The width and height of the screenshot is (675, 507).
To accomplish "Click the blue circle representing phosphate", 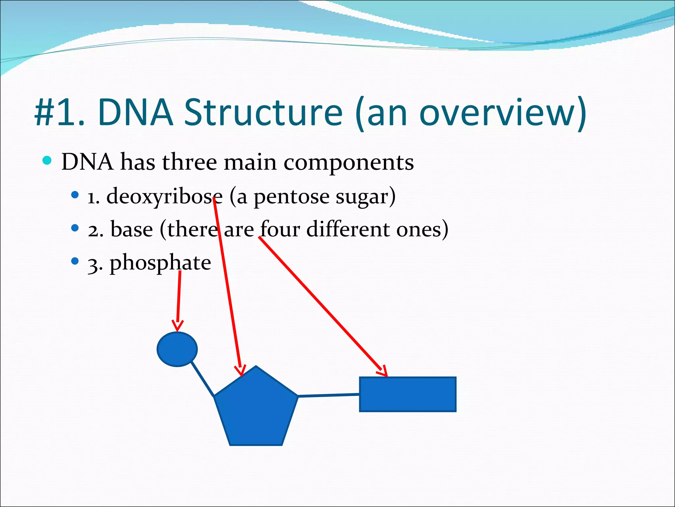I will click(x=177, y=349).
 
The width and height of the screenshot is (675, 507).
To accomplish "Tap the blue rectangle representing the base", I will click(x=408, y=394).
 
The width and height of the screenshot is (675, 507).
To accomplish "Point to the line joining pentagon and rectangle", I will click(x=329, y=395).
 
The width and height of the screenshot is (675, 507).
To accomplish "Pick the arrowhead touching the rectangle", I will click(x=383, y=371).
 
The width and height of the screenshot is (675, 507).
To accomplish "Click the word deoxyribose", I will click(x=164, y=197).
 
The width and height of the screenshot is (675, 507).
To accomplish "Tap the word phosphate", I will click(x=160, y=263).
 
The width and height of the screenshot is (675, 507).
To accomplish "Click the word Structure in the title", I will click(x=263, y=113).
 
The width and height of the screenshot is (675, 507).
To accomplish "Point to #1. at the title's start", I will click(x=59, y=113).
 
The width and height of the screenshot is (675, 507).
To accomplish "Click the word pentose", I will click(x=291, y=197).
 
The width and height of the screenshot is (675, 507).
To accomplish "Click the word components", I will click(x=348, y=162).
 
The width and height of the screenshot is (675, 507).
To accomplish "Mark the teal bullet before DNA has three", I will click(x=47, y=161).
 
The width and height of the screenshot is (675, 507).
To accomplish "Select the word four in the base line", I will click(x=280, y=229).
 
